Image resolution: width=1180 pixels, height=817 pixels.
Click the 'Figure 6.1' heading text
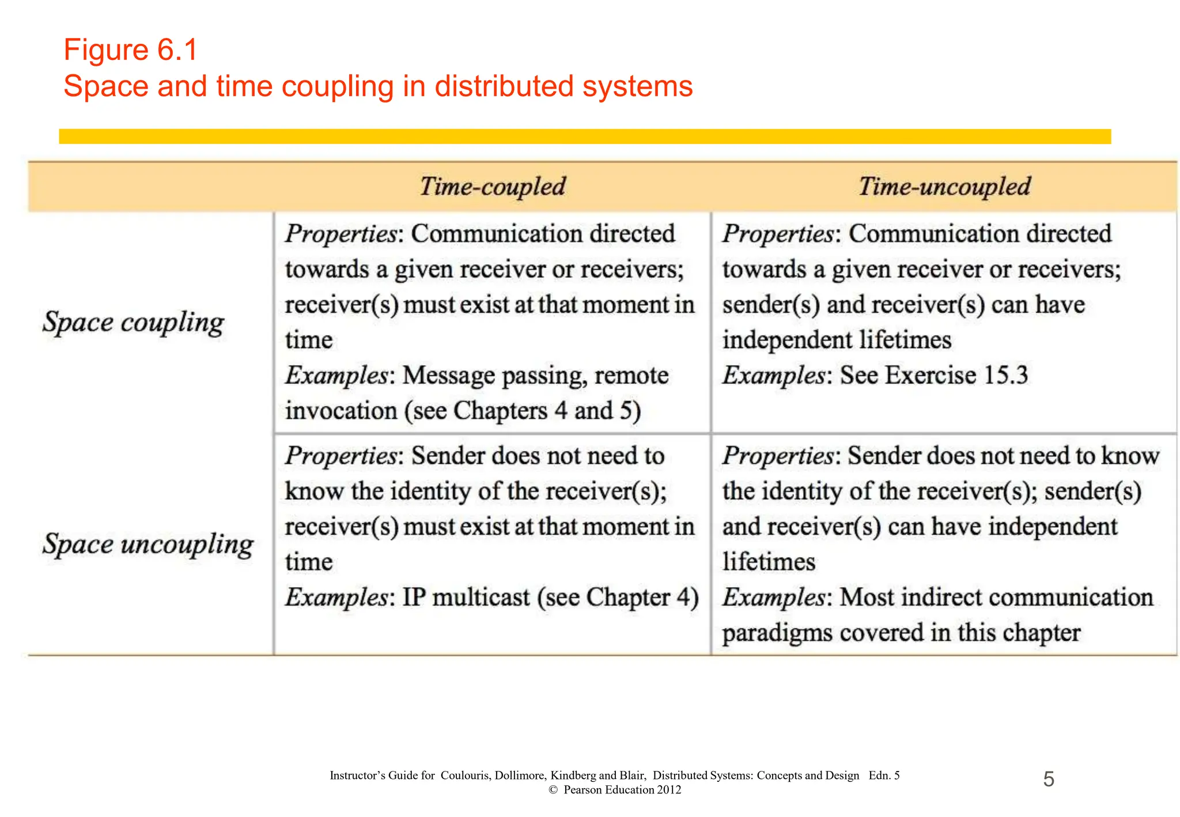pos(131,50)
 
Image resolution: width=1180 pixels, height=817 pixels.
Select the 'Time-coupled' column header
pos(493,187)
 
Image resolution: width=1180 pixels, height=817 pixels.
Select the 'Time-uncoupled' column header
pos(944,187)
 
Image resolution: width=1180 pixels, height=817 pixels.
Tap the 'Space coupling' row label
pos(133,322)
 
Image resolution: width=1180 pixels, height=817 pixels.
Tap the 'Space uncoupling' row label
pos(148,544)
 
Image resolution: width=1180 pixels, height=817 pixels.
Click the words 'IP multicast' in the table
pos(466,597)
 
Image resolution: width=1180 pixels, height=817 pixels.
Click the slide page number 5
pos(1049,780)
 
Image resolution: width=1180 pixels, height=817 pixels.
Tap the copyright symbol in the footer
pos(553,790)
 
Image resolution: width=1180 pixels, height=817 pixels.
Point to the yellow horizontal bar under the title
pos(585,137)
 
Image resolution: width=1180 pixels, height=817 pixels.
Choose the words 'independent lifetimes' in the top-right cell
pos(837,341)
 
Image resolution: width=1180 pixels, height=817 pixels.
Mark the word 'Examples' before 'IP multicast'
pos(336,597)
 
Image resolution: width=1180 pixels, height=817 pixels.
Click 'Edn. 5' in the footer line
pos(884,776)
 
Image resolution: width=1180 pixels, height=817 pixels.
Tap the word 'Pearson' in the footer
pos(583,790)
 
